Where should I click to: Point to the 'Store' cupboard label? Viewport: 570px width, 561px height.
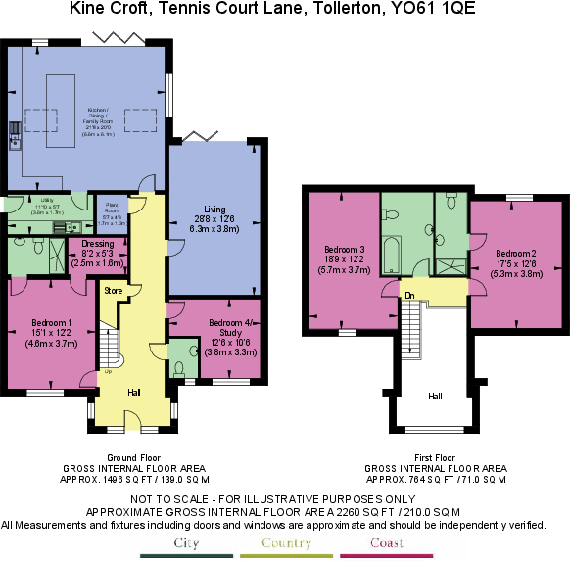[113, 289]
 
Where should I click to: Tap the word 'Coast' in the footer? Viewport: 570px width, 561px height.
[387, 542]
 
